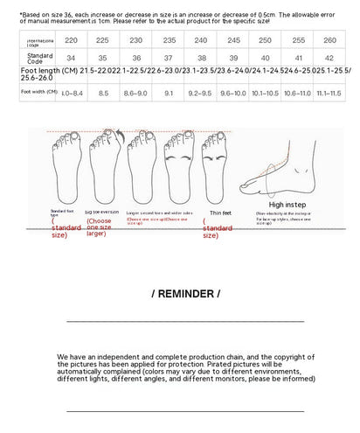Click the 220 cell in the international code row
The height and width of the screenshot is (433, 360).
(71, 40)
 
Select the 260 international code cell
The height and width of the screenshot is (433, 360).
(329, 40)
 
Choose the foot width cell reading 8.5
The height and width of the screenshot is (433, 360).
(103, 92)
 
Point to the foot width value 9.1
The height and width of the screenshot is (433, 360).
(168, 92)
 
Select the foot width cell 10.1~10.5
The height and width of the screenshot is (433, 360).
(265, 92)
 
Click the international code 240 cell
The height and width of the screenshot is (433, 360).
(200, 40)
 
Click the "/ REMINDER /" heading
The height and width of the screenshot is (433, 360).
(185, 293)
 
